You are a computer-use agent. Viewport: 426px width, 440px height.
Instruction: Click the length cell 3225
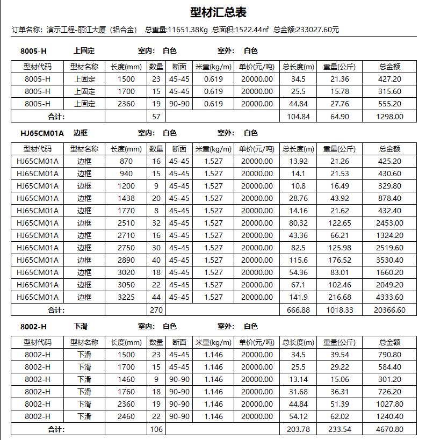[126, 297]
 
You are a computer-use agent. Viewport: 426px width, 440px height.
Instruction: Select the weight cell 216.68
[340, 297]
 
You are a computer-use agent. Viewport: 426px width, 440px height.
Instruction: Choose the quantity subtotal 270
[156, 310]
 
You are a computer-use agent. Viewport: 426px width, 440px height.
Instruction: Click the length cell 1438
[126, 198]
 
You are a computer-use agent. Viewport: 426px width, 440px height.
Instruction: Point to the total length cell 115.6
[298, 260]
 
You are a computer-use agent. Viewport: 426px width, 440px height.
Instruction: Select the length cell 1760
[126, 392]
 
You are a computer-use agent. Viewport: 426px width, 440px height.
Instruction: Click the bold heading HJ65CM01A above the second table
[42, 133]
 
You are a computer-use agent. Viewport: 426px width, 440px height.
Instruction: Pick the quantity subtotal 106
[156, 429]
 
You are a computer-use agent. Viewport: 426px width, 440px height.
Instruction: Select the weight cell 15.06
[340, 379]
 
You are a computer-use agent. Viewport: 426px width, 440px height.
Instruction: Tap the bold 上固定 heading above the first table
[84, 51]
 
